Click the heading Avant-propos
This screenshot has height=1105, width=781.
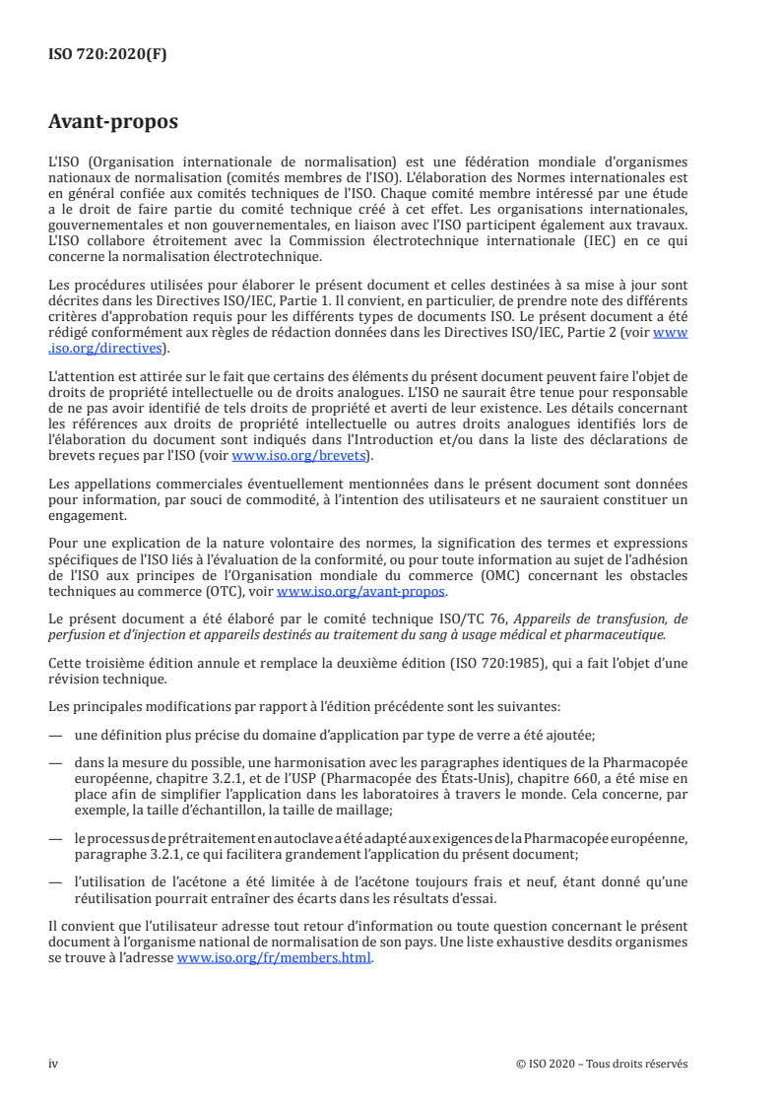(113, 122)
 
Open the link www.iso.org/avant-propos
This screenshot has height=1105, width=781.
(361, 592)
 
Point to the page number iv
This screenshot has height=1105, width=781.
(54, 1064)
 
